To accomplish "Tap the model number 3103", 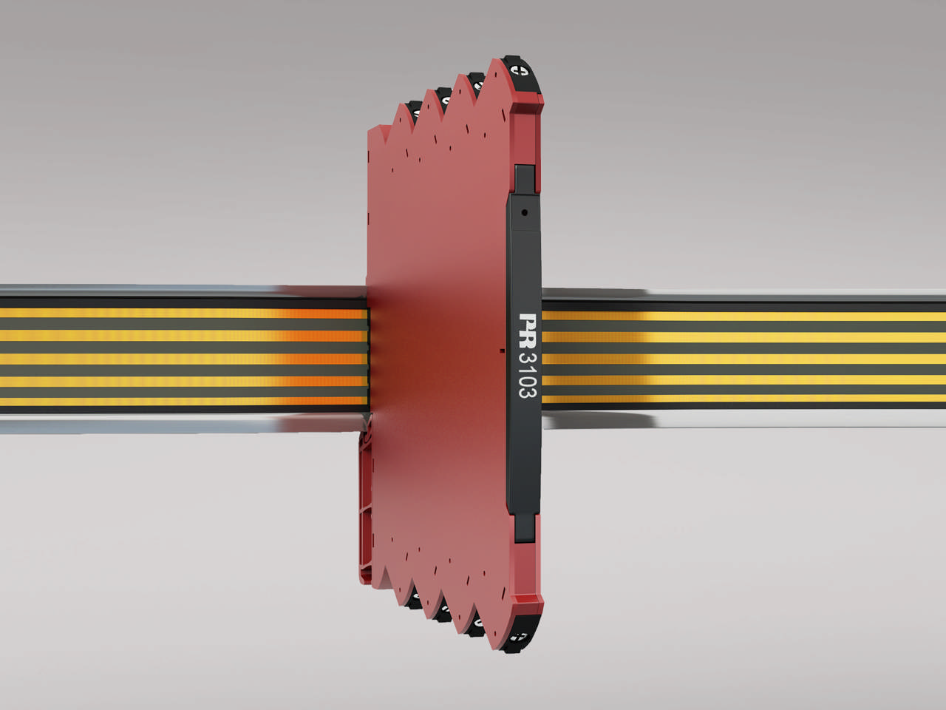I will click(528, 375).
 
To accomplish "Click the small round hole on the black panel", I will click(525, 212).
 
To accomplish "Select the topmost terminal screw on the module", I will click(521, 72).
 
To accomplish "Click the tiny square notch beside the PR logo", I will click(503, 349).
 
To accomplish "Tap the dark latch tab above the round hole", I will click(525, 178).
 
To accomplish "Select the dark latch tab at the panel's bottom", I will click(524, 526).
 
